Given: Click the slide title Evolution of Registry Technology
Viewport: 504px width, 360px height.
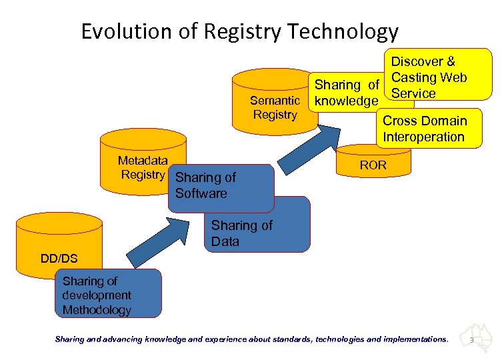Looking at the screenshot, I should pos(239,31).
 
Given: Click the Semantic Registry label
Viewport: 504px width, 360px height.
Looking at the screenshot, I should pos(275,107).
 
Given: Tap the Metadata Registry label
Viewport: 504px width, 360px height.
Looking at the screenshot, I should pos(143,167).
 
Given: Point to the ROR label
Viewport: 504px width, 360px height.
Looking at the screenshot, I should pos(373,165).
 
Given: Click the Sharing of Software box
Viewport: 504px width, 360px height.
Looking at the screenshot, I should pos(220,187).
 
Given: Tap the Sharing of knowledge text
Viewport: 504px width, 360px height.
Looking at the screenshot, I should pos(347,93).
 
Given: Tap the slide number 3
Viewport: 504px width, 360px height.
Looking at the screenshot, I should pos(472,340).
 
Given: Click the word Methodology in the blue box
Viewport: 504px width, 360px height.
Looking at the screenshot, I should pos(97,309).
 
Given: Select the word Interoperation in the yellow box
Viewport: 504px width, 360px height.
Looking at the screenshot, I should pos(423,137).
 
